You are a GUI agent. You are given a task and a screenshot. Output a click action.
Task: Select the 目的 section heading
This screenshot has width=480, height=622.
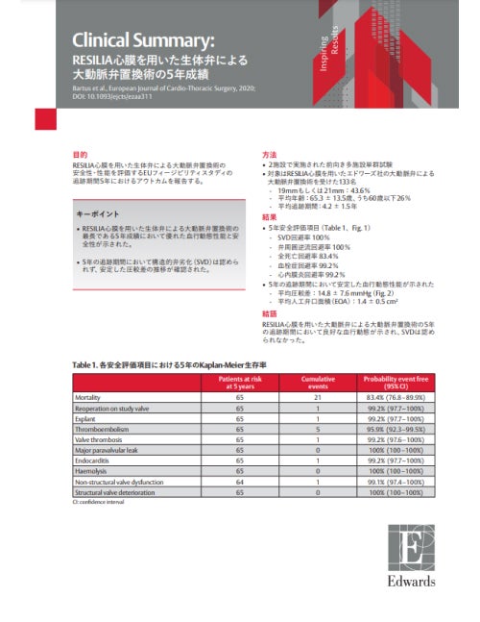pos(81,155)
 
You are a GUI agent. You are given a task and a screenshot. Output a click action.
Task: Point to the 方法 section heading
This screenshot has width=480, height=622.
pos(270,155)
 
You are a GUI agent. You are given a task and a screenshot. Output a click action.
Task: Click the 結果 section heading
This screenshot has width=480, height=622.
pos(270,217)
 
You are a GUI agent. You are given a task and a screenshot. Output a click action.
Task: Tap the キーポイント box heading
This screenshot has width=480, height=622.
pos(101,214)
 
